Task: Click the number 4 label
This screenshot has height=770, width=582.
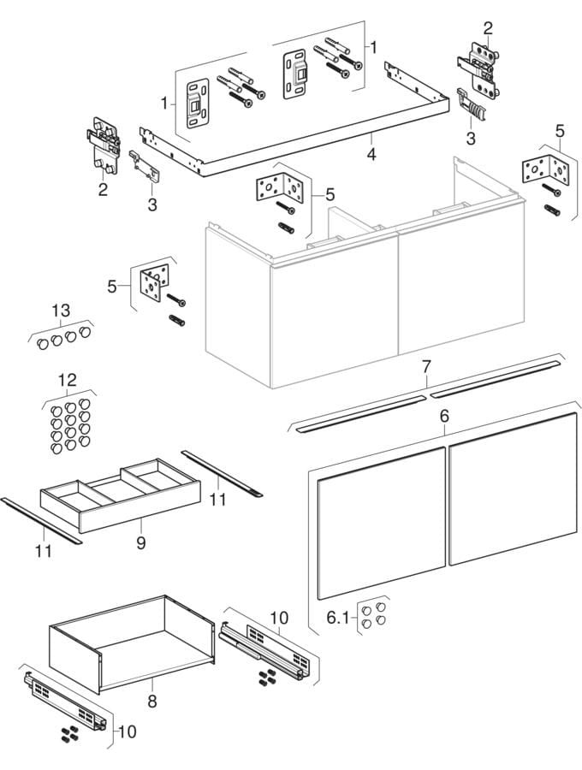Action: [371, 155]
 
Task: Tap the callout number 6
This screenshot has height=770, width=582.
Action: [444, 415]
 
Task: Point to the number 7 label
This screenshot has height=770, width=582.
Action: [425, 366]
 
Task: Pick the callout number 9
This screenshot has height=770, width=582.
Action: [142, 542]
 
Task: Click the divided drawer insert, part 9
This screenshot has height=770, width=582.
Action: [120, 496]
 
